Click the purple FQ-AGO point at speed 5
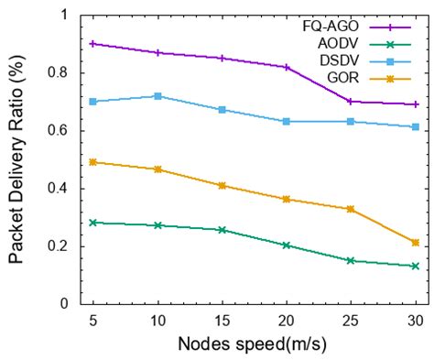(x=93, y=43)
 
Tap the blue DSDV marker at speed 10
(x=157, y=96)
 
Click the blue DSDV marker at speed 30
(x=415, y=126)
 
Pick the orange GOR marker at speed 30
(x=415, y=243)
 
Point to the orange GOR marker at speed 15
(x=222, y=185)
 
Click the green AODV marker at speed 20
(x=287, y=245)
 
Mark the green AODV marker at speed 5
(x=93, y=223)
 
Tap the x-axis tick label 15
(x=222, y=319)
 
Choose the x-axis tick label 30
(x=415, y=319)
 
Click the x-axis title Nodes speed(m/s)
(x=254, y=344)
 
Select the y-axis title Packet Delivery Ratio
(x=18, y=159)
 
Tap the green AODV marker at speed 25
(x=351, y=260)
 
